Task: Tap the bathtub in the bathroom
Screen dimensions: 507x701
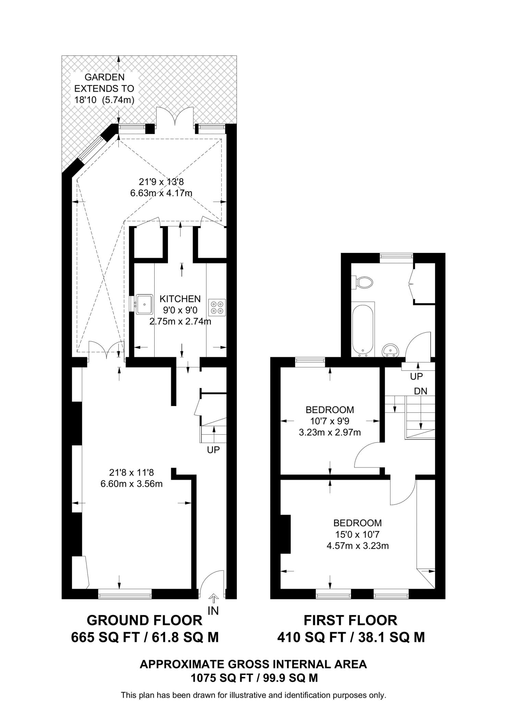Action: coord(363,329)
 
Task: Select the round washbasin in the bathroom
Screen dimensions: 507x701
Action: coord(390,350)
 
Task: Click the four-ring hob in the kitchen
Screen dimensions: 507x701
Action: coord(217,307)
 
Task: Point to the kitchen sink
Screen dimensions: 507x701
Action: coord(145,304)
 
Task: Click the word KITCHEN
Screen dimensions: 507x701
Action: coord(180,299)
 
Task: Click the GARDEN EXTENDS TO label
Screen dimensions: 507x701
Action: coord(104,83)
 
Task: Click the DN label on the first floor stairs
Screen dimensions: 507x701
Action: coord(421,391)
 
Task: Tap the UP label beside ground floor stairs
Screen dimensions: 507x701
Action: coord(213,450)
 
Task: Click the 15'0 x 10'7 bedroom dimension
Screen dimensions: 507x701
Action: coord(358,534)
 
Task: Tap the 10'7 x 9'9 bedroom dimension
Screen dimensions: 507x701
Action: coord(330,421)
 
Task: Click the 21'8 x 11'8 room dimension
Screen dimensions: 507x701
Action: coord(132,473)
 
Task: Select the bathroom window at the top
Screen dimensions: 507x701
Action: coord(396,256)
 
